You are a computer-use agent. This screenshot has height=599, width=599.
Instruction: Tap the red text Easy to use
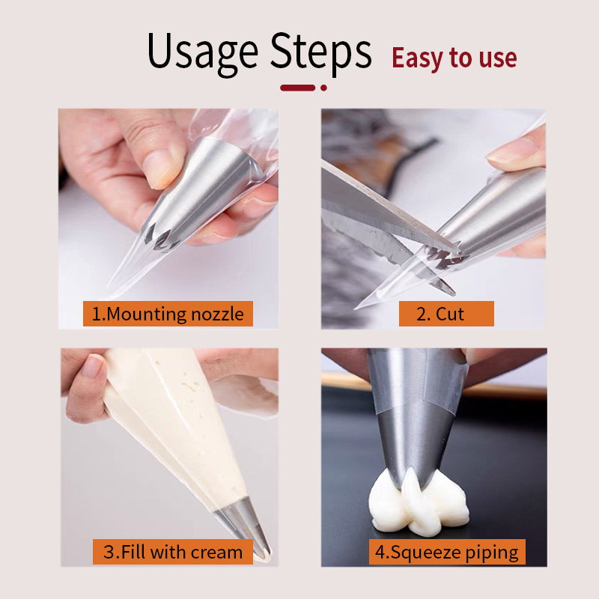[454, 58]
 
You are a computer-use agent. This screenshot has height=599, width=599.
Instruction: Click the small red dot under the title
[323, 88]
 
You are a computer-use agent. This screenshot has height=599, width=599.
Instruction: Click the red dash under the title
[297, 88]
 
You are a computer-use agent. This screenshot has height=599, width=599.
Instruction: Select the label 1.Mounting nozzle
[168, 314]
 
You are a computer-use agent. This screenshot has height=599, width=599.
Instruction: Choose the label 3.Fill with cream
[173, 553]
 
